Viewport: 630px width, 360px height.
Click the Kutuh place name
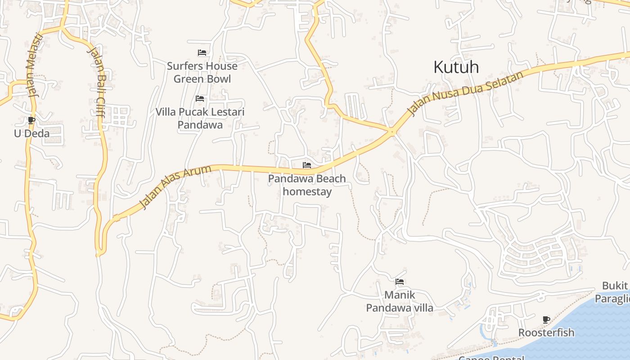[456, 67]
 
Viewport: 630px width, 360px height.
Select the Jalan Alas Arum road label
[175, 187]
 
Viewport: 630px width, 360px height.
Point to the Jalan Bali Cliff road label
[96, 81]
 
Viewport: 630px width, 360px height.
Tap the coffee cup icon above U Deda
[31, 120]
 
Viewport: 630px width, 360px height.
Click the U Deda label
[31, 134]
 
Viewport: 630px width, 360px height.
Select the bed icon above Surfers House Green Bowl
[202, 53]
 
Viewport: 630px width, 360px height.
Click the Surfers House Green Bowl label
[202, 72]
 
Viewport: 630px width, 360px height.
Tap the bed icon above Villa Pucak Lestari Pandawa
[200, 99]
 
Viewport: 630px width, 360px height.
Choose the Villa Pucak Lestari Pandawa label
[200, 118]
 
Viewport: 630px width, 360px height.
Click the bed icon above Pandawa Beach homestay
[307, 165]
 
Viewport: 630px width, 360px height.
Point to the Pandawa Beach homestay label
[307, 185]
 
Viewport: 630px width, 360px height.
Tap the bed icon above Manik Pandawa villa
[399, 282]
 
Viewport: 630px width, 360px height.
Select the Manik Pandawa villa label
[399, 301]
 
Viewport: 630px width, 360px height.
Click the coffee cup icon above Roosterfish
[546, 319]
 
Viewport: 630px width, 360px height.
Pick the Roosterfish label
[546, 333]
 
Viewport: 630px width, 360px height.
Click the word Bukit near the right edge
[615, 286]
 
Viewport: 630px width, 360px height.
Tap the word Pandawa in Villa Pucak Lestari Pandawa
[200, 125]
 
